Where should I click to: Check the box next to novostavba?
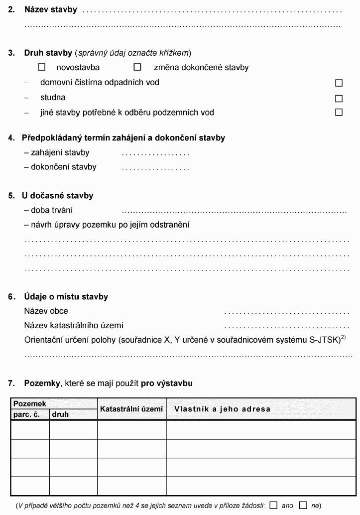click(x=42, y=67)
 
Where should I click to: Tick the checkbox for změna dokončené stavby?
click(x=137, y=67)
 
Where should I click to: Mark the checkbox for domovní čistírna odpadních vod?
click(x=339, y=83)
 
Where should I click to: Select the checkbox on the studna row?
click(x=339, y=98)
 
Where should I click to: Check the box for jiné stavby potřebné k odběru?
click(x=339, y=113)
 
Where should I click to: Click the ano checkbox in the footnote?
click(x=273, y=505)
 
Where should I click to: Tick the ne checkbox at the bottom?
click(x=303, y=505)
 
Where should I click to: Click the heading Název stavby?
click(x=50, y=9)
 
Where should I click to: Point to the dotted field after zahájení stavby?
click(x=155, y=153)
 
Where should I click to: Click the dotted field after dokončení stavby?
click(x=155, y=168)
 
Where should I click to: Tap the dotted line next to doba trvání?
click(x=234, y=211)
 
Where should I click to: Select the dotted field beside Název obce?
click(x=287, y=312)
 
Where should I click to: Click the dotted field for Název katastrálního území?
click(x=287, y=327)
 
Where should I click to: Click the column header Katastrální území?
click(x=131, y=409)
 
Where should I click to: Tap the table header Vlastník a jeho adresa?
click(x=222, y=409)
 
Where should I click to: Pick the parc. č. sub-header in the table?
click(x=29, y=414)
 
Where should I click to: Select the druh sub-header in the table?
click(x=60, y=414)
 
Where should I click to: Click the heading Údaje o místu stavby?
click(x=66, y=297)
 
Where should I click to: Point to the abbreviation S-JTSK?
click(x=321, y=340)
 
